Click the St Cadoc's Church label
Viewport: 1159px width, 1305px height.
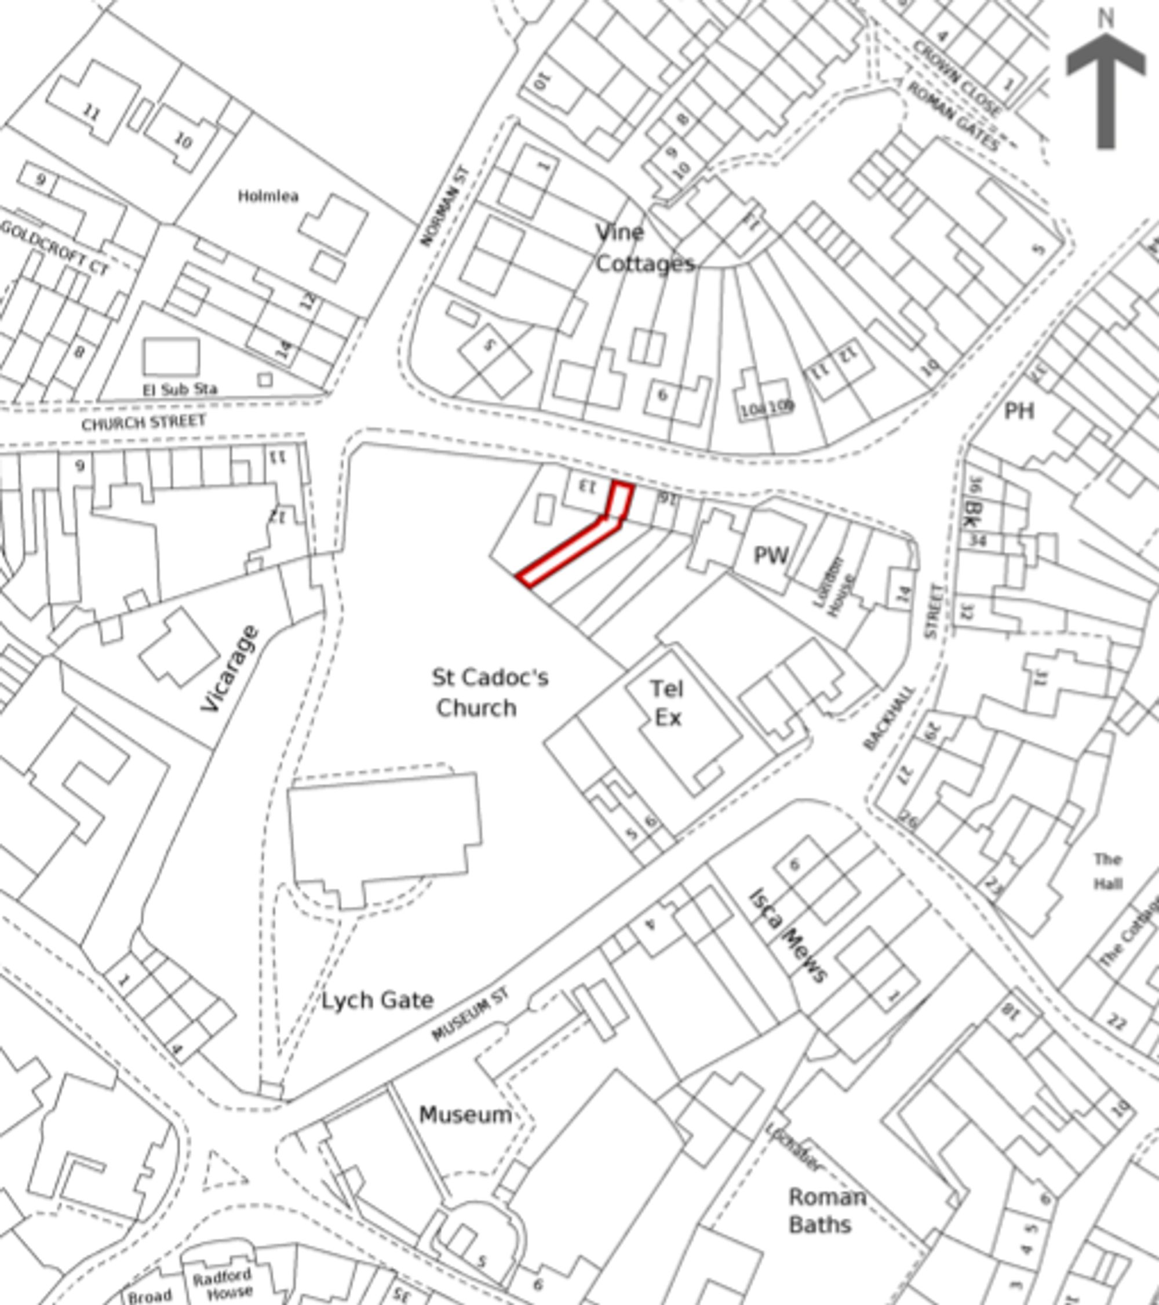(x=490, y=692)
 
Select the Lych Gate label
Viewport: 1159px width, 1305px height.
(x=377, y=1000)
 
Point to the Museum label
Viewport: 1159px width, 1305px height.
(x=465, y=1115)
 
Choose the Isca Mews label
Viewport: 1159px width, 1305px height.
(x=787, y=935)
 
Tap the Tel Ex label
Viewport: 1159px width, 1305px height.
(x=667, y=703)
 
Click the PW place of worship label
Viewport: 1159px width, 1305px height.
(x=771, y=555)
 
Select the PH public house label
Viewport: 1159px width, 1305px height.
(x=1019, y=411)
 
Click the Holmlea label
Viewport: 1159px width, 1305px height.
(x=268, y=196)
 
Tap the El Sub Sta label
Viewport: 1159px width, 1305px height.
(x=180, y=389)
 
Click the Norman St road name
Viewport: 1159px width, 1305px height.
(x=445, y=206)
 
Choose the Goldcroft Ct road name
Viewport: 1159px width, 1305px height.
(x=55, y=248)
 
